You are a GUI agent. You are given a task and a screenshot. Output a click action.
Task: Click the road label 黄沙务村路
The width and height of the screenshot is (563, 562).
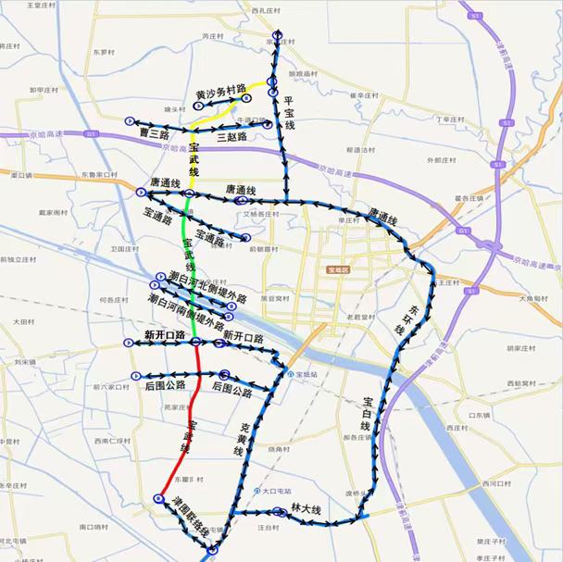point(220,93)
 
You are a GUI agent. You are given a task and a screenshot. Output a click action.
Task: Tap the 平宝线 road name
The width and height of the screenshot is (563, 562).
point(289,112)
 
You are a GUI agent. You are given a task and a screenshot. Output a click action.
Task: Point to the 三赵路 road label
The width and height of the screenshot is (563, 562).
point(231,137)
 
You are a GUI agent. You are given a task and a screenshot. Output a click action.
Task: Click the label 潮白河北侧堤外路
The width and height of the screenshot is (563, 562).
point(208,288)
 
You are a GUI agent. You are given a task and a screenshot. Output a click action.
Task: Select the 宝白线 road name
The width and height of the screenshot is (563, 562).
point(368,413)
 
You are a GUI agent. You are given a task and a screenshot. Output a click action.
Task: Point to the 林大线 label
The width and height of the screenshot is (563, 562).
point(305,510)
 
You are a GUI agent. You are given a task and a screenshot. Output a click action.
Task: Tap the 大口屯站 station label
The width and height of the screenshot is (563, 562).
point(276,491)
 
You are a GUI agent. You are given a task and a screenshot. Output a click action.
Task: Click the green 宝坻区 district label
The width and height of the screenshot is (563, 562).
point(341,270)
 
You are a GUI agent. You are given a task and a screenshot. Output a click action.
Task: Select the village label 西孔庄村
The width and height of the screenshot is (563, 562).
point(265,11)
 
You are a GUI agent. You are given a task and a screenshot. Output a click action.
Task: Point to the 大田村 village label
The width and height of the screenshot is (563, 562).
point(22,321)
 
